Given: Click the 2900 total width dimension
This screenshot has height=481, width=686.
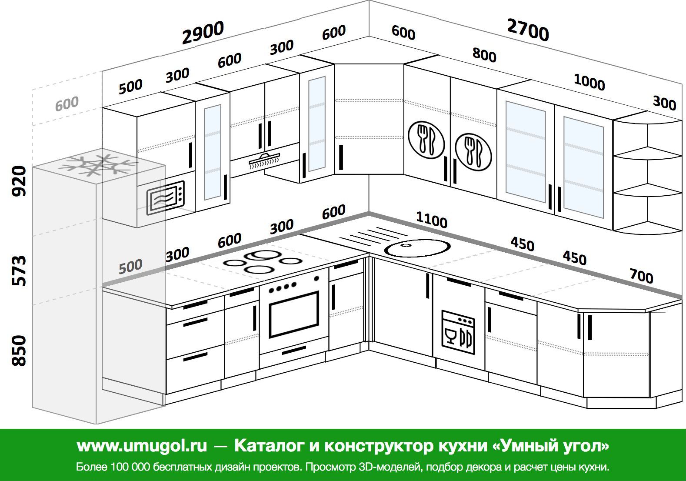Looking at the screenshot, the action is (x=203, y=33).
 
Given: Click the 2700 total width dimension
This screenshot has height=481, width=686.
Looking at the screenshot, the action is (x=528, y=30).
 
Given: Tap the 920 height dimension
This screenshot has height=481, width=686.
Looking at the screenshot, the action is (x=19, y=181).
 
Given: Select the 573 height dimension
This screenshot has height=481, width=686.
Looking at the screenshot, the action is (x=19, y=271).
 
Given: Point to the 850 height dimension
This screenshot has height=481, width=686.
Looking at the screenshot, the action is (x=19, y=351).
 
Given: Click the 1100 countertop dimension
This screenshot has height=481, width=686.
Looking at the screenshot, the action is (x=432, y=220).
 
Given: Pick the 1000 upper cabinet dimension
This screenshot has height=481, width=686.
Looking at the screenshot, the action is (x=589, y=82).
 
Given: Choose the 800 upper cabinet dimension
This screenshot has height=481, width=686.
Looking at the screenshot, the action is (x=484, y=55).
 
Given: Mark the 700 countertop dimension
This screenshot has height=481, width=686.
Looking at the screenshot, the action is (x=641, y=275).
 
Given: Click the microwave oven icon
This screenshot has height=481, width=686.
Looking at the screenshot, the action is (x=165, y=197).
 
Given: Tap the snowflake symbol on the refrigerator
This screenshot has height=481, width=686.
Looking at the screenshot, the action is (x=99, y=165).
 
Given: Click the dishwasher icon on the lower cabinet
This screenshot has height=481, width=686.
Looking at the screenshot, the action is (x=458, y=332).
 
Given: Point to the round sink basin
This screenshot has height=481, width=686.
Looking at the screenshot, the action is (x=417, y=248).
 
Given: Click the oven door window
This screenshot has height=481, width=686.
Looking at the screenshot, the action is (x=294, y=314).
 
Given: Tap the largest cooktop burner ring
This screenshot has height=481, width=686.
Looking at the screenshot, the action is (x=263, y=255).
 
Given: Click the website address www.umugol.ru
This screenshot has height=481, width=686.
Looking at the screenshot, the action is (x=142, y=446).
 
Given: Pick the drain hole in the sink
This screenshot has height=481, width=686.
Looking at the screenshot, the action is (x=406, y=245).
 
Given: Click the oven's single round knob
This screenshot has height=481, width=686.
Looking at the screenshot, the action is (x=316, y=278).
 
